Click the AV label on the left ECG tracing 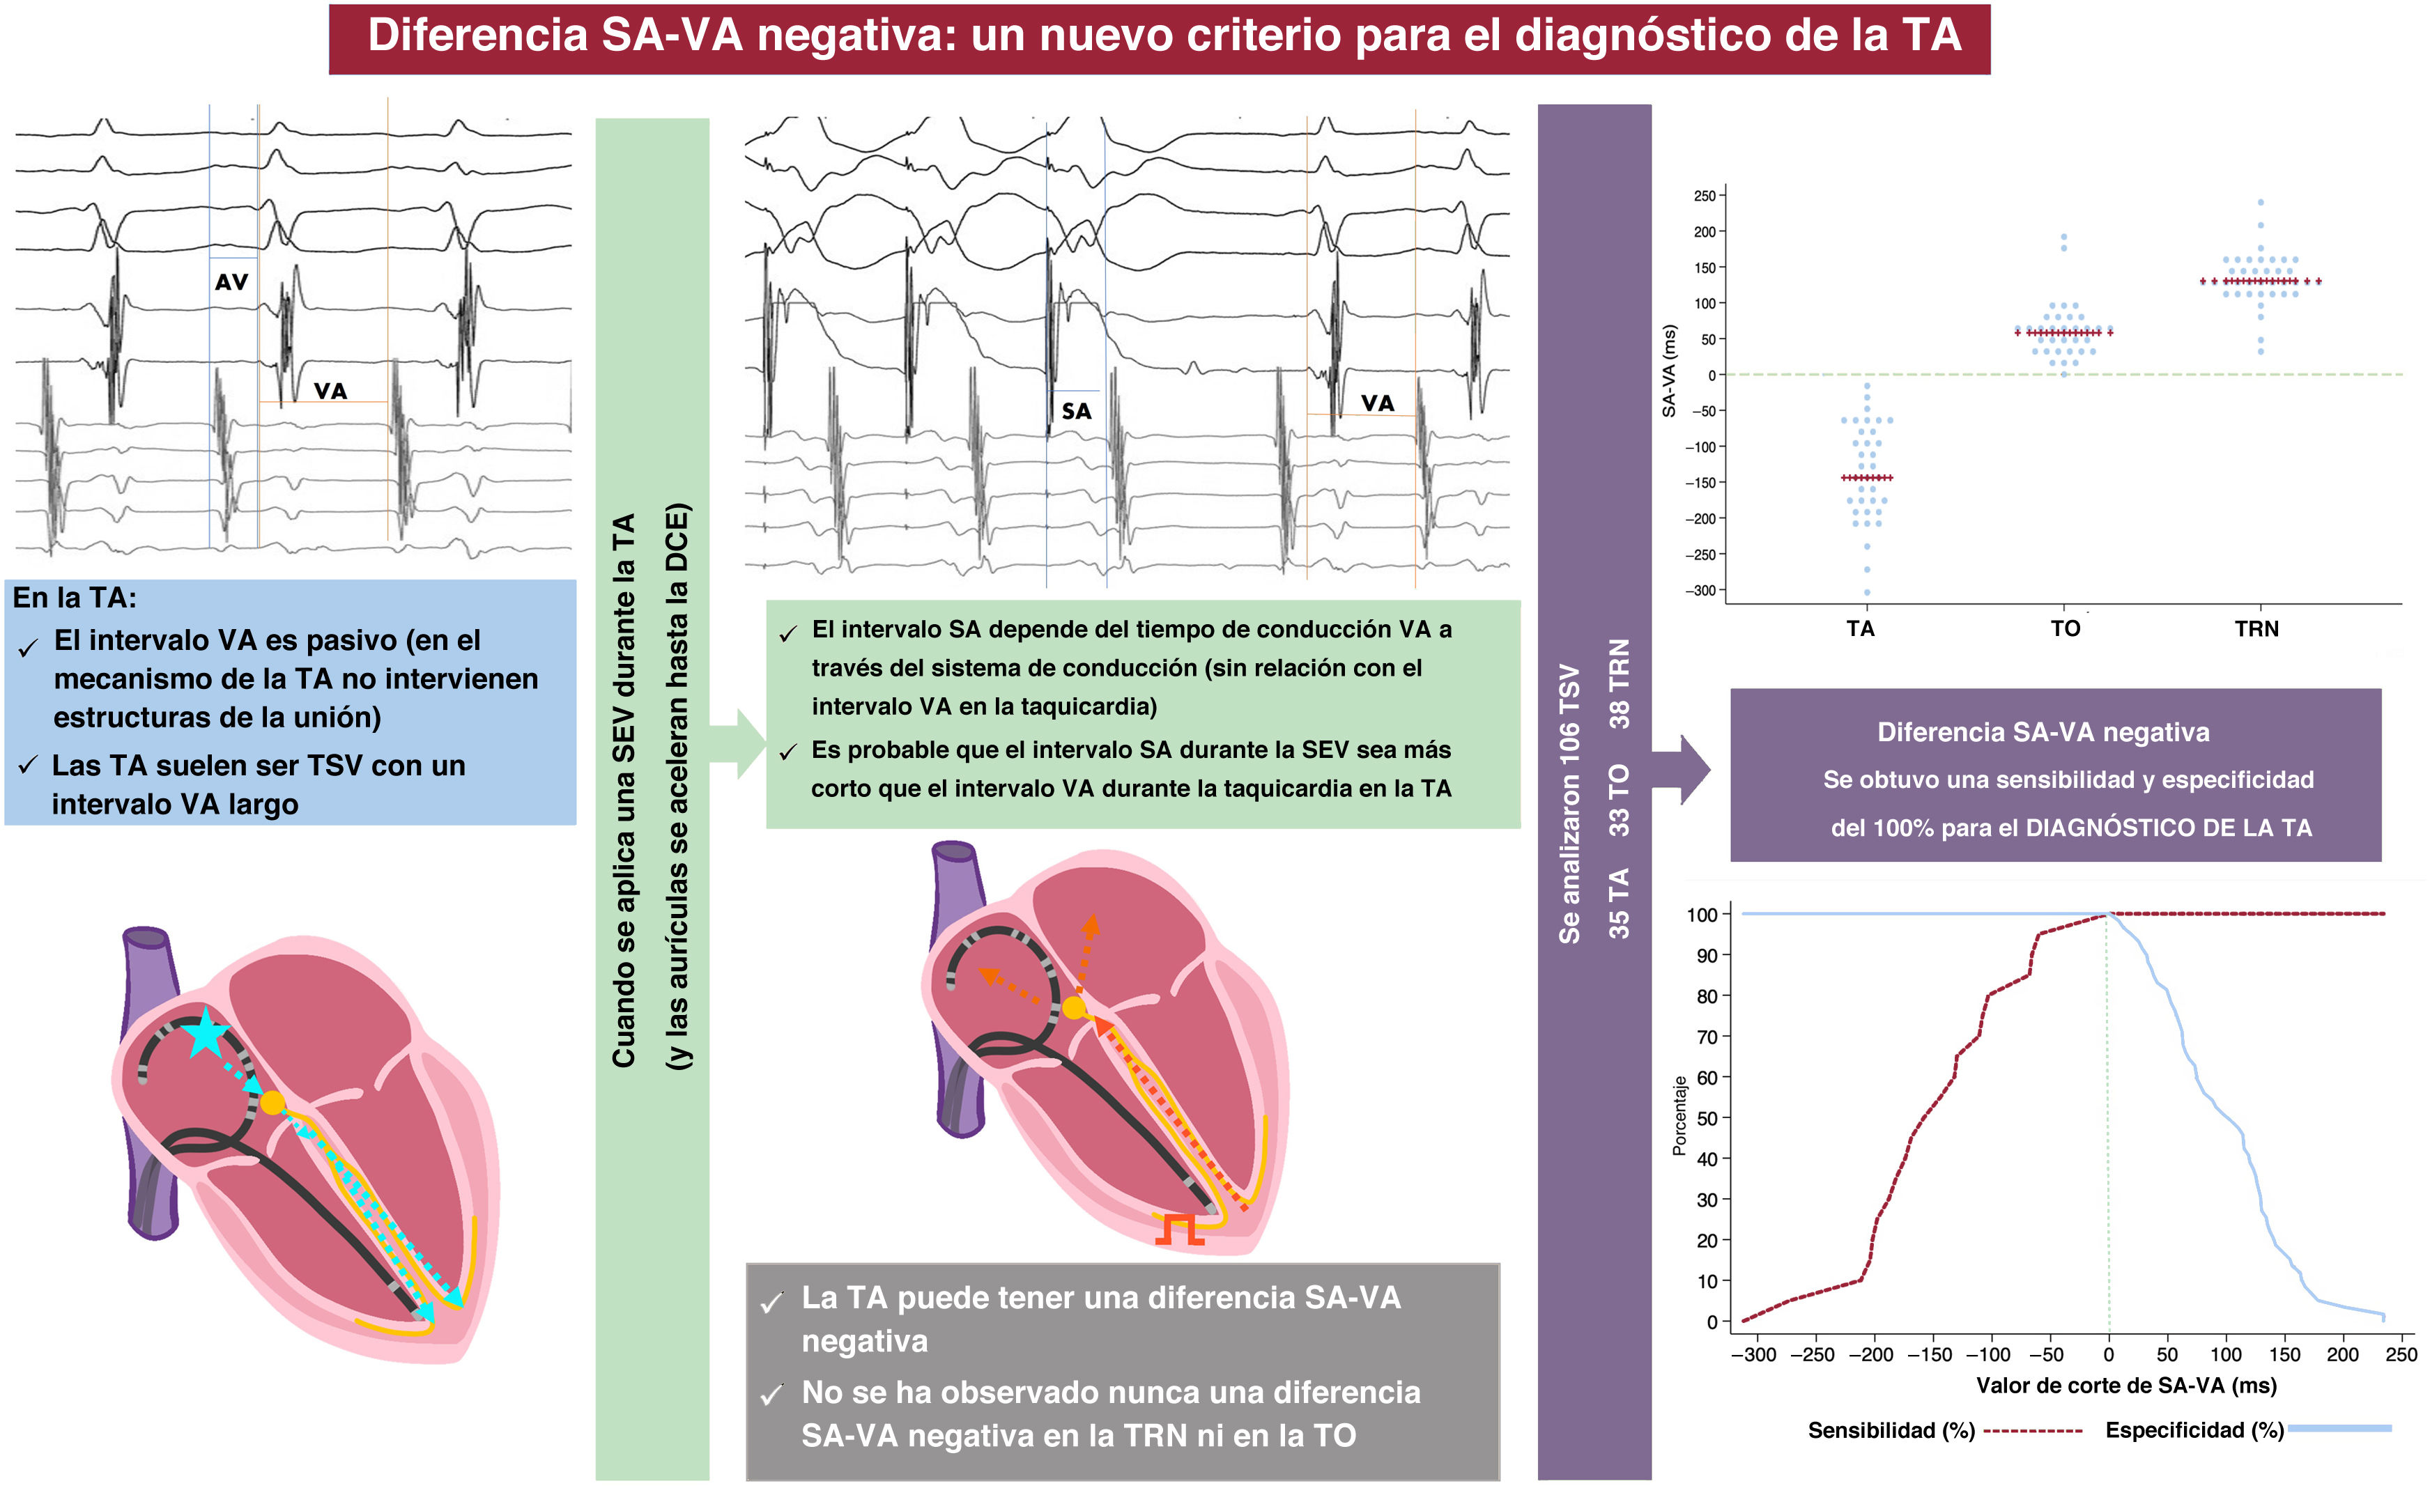point(232,282)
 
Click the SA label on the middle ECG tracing point(1076,411)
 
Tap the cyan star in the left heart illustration point(205,1032)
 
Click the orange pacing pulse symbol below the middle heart point(1180,1229)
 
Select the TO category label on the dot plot point(2065,629)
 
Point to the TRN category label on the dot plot point(2256,629)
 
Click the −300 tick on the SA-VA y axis point(1704,591)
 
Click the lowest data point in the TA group point(1867,593)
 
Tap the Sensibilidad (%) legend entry point(1891,1429)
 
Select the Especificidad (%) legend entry point(2194,1429)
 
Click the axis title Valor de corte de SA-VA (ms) point(2126,1386)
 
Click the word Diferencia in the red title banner point(477,36)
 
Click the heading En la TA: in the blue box point(74,598)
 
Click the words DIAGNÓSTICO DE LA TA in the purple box point(2169,828)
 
